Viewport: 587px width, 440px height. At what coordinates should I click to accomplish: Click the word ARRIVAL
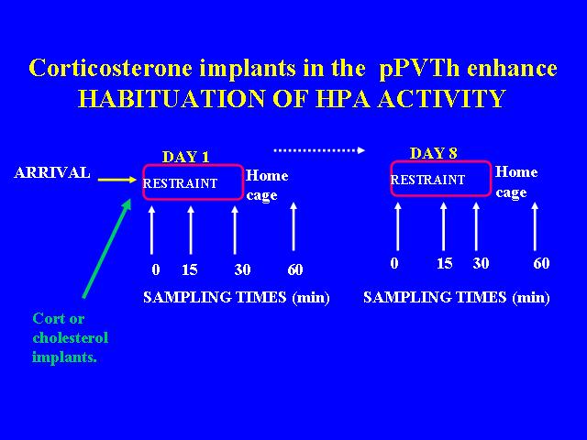coord(52,173)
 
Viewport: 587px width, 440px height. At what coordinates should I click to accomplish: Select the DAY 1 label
coord(185,157)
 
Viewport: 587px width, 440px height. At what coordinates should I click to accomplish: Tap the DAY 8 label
coord(434,153)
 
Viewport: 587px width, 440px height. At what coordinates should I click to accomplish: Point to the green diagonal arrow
coord(107,248)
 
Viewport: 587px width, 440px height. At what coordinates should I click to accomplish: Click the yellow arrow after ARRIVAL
coord(117,180)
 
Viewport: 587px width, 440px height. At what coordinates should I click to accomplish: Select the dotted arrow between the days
coord(319,150)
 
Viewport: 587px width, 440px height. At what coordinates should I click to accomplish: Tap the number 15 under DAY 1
coord(190,269)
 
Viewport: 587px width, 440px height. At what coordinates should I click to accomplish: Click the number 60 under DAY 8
coord(541,263)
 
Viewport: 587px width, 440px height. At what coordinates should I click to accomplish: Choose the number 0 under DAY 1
coord(156,269)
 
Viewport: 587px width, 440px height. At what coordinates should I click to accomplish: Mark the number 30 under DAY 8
coord(481,263)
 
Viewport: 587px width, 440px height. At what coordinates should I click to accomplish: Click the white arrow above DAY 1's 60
coord(293,226)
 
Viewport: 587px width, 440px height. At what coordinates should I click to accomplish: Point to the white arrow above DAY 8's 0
coord(397,226)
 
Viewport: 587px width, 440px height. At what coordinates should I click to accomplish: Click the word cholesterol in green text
coord(71,337)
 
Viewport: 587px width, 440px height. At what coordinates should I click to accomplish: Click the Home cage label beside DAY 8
coord(516,182)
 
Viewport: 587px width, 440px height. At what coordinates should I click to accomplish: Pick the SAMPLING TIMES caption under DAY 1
coord(237,297)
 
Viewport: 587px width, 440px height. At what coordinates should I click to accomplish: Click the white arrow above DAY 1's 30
coord(235,229)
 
